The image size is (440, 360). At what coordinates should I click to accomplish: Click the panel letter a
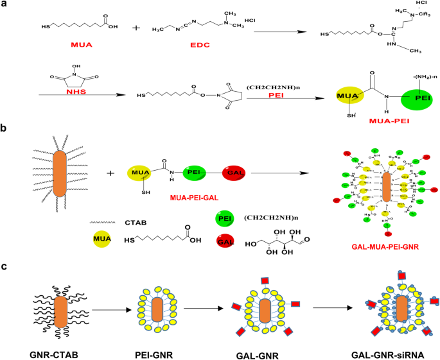coord(4,5)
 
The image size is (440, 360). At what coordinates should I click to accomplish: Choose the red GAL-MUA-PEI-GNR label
coord(385,246)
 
